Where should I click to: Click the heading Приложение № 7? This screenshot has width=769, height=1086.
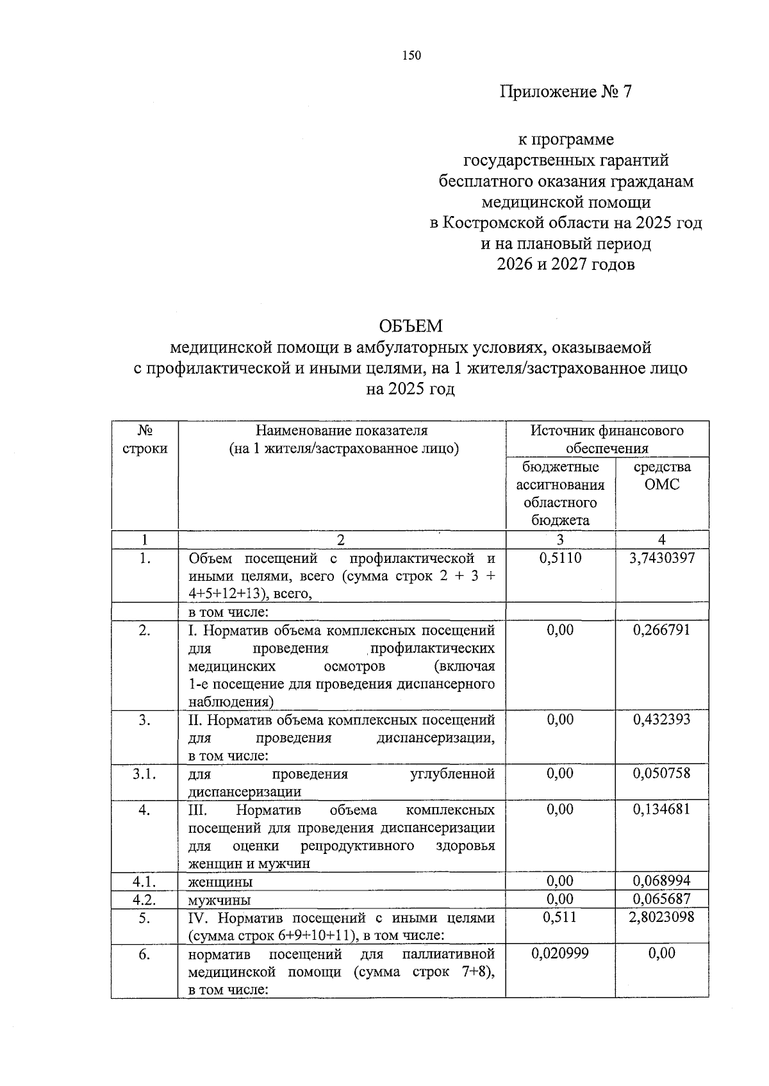click(x=565, y=92)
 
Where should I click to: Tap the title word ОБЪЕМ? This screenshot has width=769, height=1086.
click(x=410, y=326)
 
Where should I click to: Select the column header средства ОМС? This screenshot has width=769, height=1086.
click(x=662, y=476)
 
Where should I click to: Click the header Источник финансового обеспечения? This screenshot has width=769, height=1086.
click(x=607, y=439)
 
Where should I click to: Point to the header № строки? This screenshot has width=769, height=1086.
click(x=145, y=439)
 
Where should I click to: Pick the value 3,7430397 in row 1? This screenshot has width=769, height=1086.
click(x=662, y=558)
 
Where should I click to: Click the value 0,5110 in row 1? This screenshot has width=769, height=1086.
click(x=560, y=558)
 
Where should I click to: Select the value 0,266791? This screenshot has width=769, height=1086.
click(x=662, y=630)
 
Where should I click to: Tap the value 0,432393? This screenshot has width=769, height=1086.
click(x=662, y=720)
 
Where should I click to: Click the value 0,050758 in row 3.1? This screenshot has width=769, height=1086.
click(x=662, y=774)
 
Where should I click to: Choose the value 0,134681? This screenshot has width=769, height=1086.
click(x=662, y=810)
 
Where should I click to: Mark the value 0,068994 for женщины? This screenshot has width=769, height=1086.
click(x=662, y=881)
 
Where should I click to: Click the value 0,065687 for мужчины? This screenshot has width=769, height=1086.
click(x=662, y=899)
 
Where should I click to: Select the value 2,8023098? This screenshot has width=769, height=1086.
click(x=662, y=917)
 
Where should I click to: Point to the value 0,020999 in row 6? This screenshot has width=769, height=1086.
click(x=560, y=953)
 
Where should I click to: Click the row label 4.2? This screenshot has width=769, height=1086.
click(x=145, y=899)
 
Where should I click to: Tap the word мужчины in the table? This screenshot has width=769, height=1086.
click(x=219, y=900)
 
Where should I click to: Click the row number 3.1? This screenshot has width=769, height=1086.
click(x=145, y=774)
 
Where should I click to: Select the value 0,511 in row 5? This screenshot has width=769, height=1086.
click(x=560, y=917)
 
